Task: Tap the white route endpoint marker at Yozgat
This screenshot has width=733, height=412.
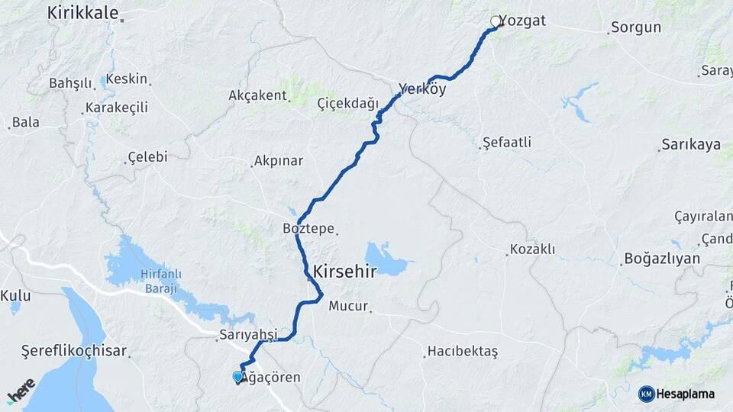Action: point(496,21)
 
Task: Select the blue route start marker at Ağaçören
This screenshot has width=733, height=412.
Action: point(237,376)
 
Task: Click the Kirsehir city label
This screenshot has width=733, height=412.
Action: point(344,271)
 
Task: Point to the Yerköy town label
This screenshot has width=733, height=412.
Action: point(422,88)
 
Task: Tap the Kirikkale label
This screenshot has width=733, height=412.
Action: point(82,12)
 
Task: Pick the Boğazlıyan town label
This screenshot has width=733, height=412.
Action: point(662,258)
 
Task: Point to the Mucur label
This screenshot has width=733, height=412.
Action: point(348,307)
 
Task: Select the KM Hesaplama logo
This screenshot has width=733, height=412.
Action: point(676,394)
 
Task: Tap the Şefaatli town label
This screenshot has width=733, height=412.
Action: point(507,142)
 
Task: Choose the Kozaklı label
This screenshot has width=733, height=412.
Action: point(532,249)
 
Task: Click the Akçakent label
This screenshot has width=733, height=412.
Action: point(257,95)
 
